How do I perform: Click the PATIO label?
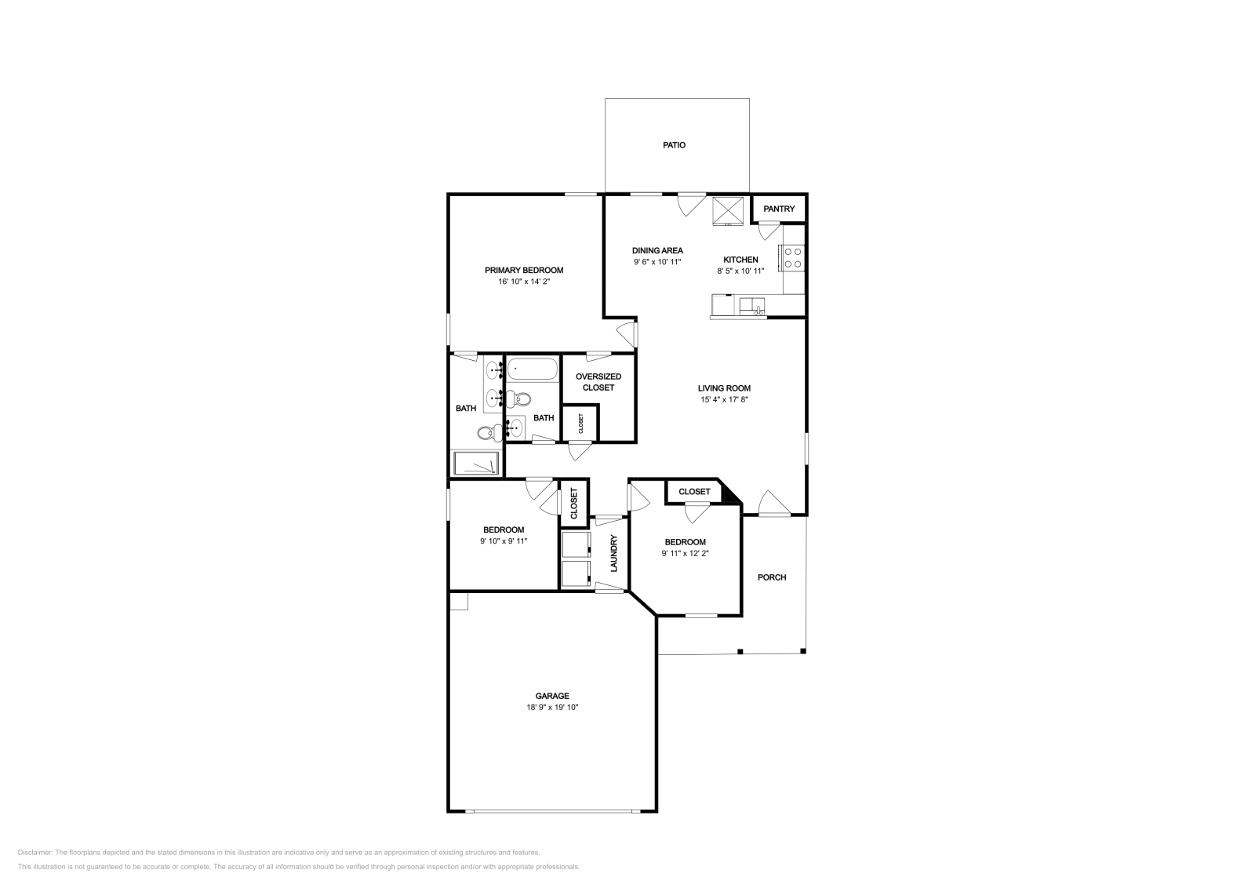coord(674,145)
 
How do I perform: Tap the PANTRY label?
coord(779,209)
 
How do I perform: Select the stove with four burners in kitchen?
coord(792,258)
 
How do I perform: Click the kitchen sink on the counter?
coord(756,304)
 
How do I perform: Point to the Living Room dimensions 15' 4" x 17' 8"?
coord(724,400)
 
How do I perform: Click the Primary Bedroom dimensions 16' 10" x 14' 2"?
coord(523,282)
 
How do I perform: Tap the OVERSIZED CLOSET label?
coord(598,382)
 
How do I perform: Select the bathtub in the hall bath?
coord(532,368)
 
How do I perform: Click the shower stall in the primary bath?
coord(475,464)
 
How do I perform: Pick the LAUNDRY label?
coord(614,553)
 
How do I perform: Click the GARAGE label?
coord(552,696)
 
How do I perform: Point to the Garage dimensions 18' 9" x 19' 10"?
coord(552,708)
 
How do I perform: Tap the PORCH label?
coord(771,577)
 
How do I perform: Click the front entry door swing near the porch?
coord(772,504)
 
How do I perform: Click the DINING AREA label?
coord(657,251)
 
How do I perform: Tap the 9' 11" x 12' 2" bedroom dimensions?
coord(685,553)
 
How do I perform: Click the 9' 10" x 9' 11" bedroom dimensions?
coord(503,541)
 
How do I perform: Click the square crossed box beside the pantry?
coord(729,210)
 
